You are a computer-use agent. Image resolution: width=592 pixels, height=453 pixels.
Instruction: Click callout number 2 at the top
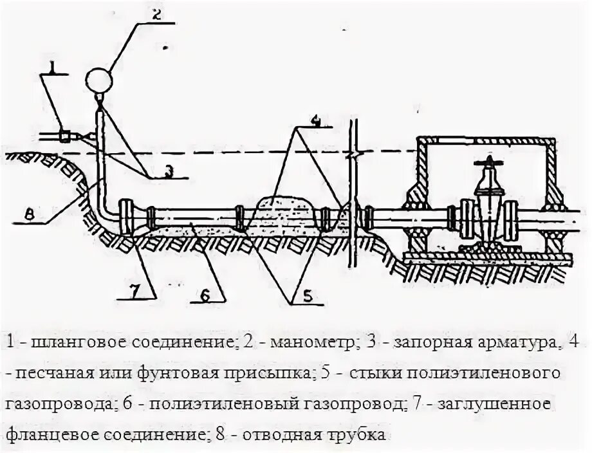[156, 14]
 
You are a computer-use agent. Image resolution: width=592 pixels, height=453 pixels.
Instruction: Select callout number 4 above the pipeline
[314, 120]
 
